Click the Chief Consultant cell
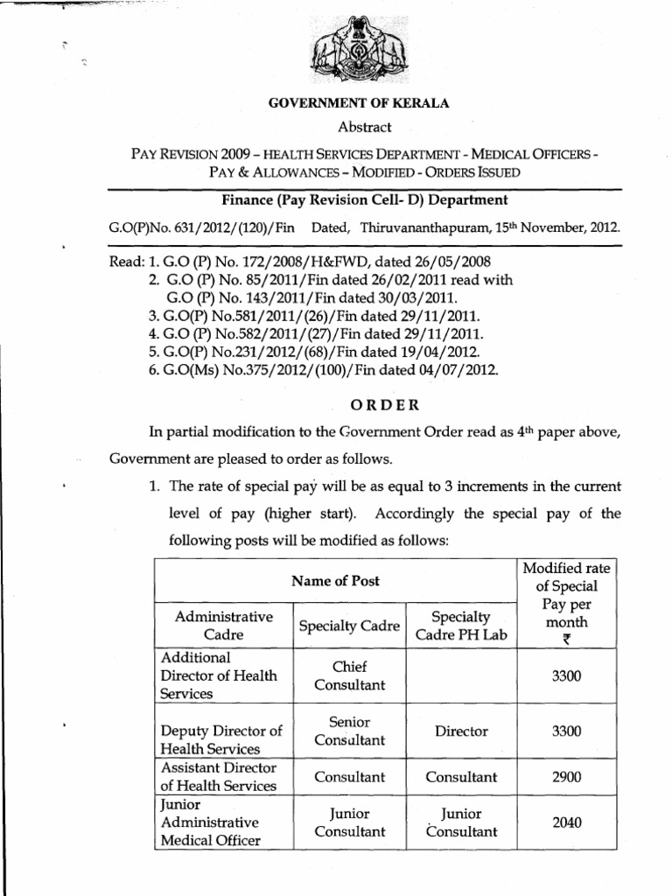(350, 675)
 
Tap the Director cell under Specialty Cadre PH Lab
(461, 730)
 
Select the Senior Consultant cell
(350, 731)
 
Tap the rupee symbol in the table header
(567, 640)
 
